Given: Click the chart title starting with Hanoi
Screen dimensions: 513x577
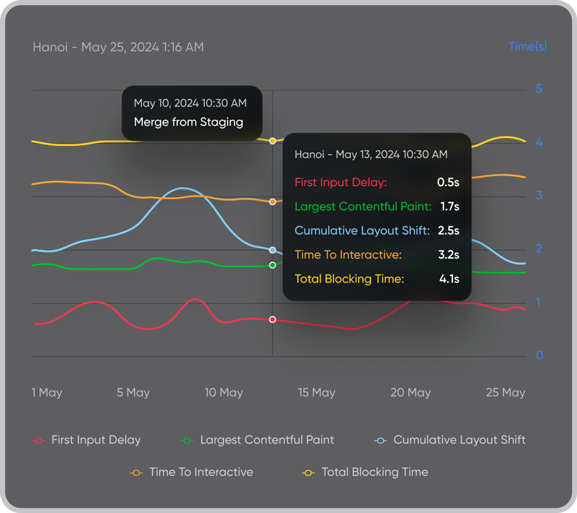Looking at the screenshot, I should coord(118,47).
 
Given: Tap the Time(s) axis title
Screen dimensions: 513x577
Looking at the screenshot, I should coord(527,47).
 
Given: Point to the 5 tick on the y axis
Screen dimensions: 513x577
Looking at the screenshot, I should coord(539,89).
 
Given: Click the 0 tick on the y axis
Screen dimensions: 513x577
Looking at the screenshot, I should coord(539,356).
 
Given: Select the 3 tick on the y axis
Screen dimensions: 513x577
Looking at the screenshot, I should coord(539,195).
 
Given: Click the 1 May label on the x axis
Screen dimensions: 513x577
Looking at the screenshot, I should coord(47,392).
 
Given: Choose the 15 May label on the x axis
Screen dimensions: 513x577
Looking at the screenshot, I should coord(316,392).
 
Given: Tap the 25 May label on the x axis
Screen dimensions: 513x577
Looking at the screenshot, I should coord(505,392).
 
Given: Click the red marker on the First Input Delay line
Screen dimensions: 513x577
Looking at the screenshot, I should coord(272,319).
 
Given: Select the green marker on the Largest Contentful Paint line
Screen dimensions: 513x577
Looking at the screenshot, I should coord(272,265).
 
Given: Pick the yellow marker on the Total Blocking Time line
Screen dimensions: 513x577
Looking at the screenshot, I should coord(272,141).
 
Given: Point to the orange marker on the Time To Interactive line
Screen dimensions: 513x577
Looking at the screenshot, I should coord(272,202).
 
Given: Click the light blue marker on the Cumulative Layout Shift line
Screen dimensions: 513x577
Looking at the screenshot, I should coord(272,250).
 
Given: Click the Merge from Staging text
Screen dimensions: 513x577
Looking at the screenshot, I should coord(188,122).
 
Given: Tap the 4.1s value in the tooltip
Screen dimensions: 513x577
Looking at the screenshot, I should coord(449,279).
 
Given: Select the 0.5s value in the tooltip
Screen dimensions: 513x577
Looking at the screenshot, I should coord(449,182).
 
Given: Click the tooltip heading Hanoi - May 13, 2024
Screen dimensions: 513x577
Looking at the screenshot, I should coord(371,154).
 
